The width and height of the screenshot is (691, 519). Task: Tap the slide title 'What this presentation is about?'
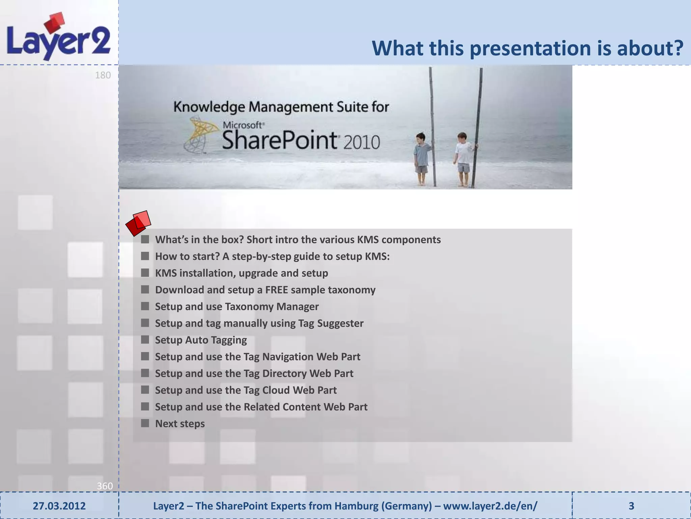point(527,48)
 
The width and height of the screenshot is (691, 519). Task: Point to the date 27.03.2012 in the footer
point(59,506)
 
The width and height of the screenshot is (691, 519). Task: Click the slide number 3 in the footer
point(631,506)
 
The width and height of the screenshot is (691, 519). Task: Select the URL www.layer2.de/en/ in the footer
point(490,506)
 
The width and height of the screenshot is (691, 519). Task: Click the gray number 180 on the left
point(103,75)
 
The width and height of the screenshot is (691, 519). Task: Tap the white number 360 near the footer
point(105,486)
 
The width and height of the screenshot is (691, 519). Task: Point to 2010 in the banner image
point(362,142)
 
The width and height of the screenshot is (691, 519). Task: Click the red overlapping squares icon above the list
point(138,223)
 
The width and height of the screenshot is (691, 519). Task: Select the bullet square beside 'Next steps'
point(145,423)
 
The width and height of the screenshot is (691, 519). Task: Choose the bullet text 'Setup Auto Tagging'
point(201,340)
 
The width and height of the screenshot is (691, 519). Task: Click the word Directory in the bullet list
point(284,373)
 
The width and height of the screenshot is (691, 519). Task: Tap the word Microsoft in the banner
point(243,125)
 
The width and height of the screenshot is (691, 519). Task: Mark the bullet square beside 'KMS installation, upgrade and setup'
point(145,273)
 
